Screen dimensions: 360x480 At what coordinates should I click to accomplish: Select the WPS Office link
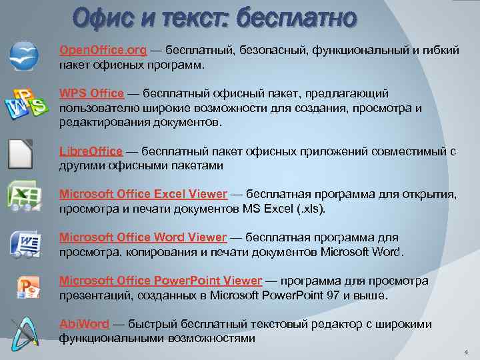coord(91,93)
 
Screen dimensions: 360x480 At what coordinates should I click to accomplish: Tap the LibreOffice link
coord(91,151)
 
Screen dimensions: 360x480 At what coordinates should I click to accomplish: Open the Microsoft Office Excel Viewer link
coord(143,194)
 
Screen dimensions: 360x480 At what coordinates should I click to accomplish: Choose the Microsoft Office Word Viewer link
coord(143,237)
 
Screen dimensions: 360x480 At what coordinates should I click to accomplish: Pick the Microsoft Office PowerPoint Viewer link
coord(161,281)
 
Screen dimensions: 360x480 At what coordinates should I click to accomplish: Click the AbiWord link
coord(84,324)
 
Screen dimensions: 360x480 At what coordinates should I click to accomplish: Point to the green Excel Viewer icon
coord(24,195)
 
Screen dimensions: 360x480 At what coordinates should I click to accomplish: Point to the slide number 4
coord(466,352)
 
